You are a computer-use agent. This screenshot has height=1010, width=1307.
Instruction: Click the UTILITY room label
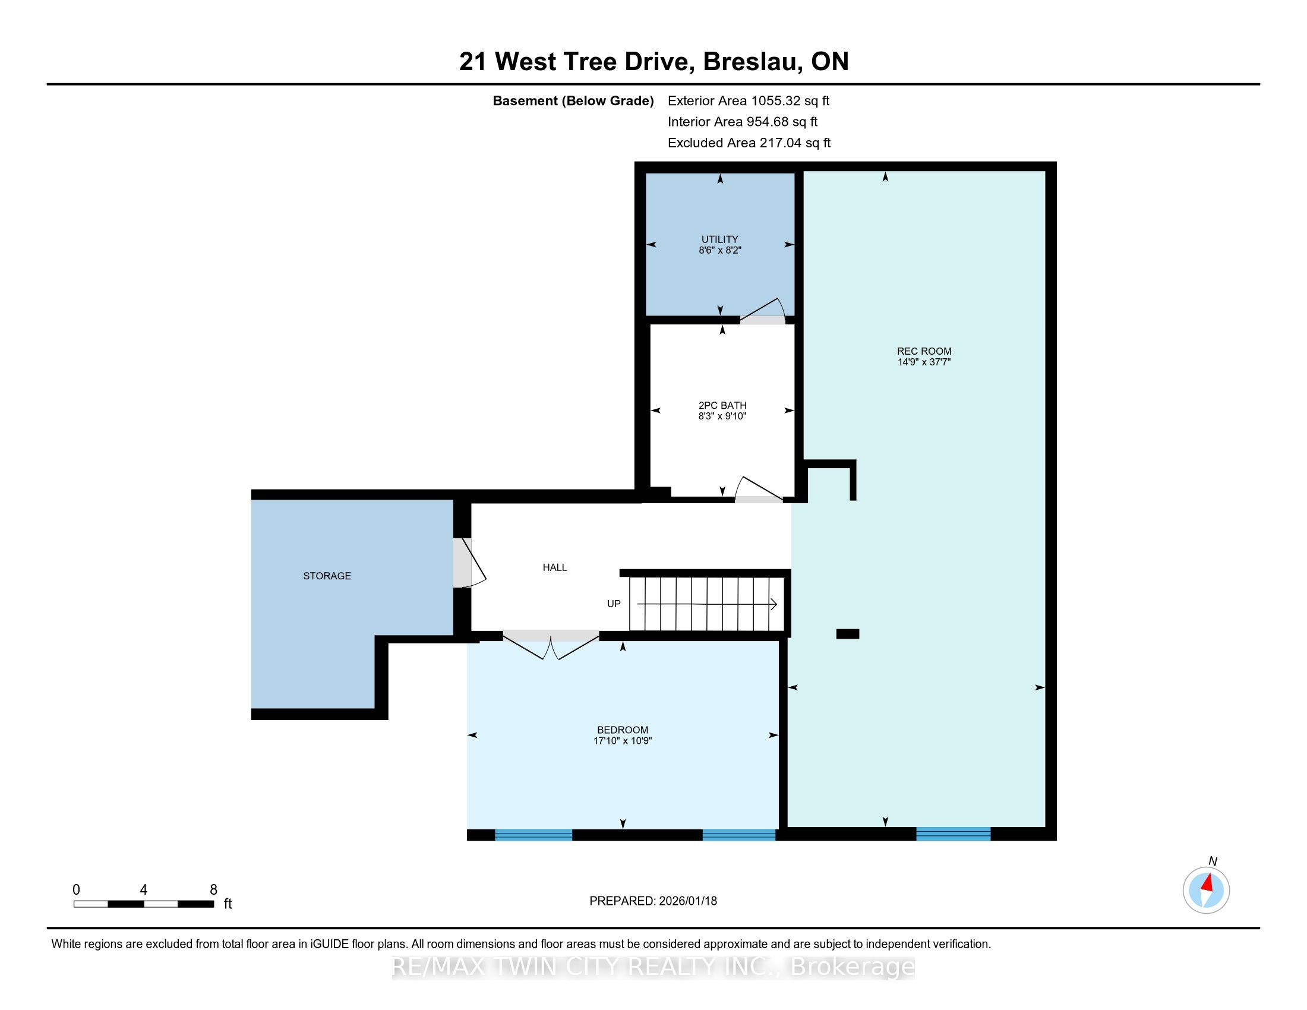pyautogui.click(x=719, y=239)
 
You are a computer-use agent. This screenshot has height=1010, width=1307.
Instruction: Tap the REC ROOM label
pyautogui.click(x=924, y=351)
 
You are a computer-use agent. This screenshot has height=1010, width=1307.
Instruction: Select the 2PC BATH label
pyautogui.click(x=722, y=405)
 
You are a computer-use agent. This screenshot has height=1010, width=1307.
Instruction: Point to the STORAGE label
pyautogui.click(x=327, y=576)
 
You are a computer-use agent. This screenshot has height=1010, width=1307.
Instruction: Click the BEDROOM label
pyautogui.click(x=623, y=730)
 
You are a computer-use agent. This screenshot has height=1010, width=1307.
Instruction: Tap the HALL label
pyautogui.click(x=555, y=567)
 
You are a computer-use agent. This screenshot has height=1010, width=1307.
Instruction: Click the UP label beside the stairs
pyautogui.click(x=614, y=604)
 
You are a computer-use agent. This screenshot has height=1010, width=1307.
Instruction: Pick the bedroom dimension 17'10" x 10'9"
pyautogui.click(x=623, y=741)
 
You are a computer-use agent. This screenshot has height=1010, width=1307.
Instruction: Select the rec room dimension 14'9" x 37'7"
pyautogui.click(x=924, y=362)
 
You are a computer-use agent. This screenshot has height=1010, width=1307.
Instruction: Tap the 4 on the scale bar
pyautogui.click(x=144, y=890)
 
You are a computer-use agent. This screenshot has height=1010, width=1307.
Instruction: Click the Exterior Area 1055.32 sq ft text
pyautogui.click(x=749, y=100)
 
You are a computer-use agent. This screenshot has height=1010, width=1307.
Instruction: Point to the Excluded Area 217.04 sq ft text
pyautogui.click(x=749, y=143)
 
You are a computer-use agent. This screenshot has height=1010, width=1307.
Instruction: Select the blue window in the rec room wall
pyautogui.click(x=954, y=834)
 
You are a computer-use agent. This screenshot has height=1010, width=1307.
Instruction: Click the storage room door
pyautogui.click(x=469, y=563)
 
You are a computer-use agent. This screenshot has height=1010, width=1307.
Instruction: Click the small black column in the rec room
pyautogui.click(x=847, y=635)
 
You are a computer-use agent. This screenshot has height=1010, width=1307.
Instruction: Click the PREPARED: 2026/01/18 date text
pyautogui.click(x=653, y=901)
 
